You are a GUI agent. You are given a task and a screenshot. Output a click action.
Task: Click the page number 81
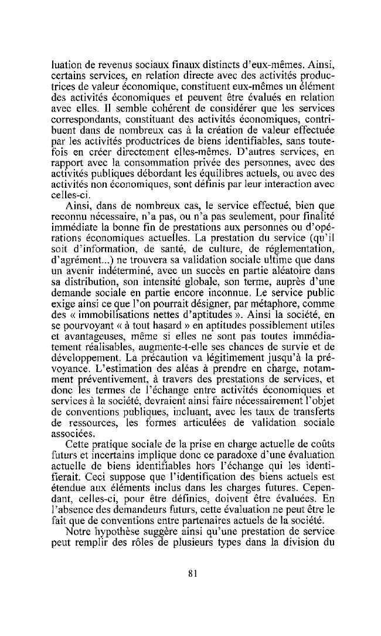pos(192,574)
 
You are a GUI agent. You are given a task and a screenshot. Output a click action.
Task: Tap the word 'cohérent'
pos(144,109)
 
